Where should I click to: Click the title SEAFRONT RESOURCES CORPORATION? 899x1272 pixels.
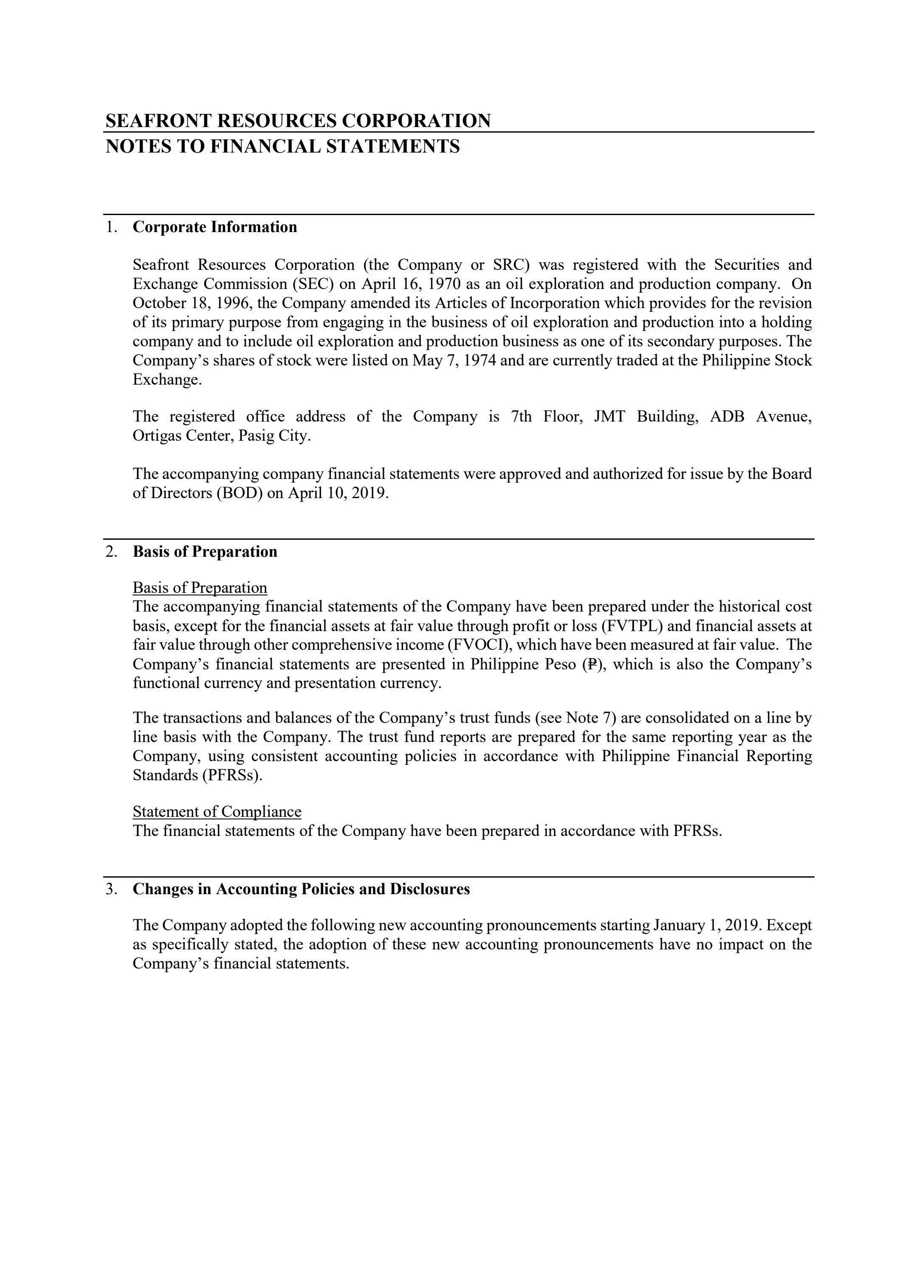298,121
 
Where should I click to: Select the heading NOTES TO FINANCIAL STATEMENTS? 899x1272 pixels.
282,146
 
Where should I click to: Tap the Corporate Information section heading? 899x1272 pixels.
215,227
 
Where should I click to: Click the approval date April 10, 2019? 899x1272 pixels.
337,493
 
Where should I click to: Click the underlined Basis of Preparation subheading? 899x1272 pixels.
200,587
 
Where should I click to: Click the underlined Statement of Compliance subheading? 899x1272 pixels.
217,812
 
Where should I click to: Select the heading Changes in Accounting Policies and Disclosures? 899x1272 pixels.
301,889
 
